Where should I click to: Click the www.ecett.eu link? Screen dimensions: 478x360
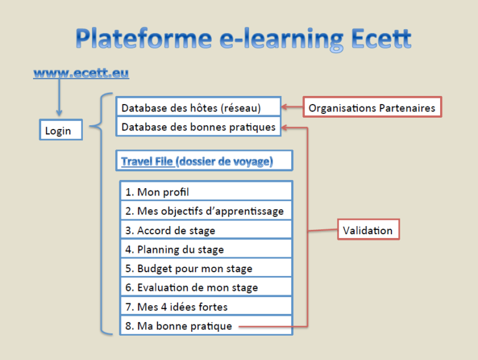81,73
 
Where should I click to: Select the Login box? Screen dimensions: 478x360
61,130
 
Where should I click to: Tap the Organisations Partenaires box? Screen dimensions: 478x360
372,107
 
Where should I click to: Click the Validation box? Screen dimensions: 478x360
368,229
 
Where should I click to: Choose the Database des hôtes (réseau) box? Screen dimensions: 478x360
198,107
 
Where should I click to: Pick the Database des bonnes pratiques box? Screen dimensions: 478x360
198,126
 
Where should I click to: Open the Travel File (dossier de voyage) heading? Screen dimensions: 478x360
204,161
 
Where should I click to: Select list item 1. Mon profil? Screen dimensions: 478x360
206,191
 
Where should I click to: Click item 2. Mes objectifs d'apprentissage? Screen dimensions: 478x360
206,210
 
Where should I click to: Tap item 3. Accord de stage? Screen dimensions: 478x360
206,229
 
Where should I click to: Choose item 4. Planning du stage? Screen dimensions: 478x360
206,249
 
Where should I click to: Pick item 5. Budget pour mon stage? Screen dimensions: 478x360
206,268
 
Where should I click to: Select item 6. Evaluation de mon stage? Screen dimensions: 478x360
206,287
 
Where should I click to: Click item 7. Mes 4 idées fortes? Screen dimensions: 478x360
206,306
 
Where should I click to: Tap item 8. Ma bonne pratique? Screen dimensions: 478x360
206,326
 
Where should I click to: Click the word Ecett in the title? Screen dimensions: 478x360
381,39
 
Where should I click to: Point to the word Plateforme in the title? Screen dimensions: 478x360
144,39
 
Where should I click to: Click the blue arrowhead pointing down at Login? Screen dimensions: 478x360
59,112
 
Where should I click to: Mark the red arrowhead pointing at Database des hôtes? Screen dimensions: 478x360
284,107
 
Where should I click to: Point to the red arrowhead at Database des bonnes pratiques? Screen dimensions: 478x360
284,127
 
